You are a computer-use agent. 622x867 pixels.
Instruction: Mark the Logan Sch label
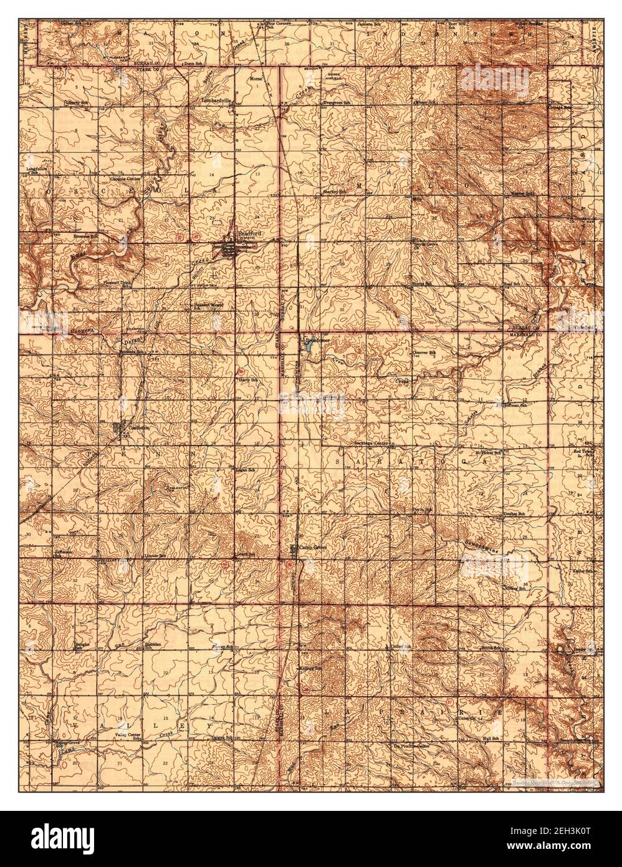246,469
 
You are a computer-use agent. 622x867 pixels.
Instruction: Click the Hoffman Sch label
515,405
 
